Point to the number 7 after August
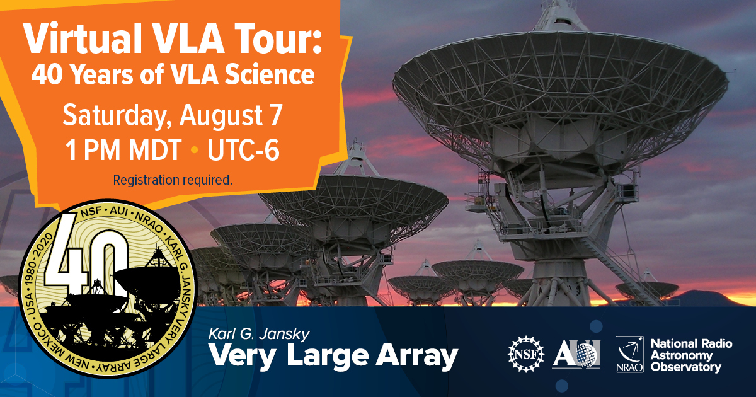[276, 115]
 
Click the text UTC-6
[243, 150]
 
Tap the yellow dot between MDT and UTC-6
[195, 150]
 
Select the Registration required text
[173, 180]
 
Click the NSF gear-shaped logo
[526, 354]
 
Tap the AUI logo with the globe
[576, 354]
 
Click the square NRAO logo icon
[629, 354]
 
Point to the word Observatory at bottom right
[686, 367]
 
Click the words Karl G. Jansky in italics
[259, 334]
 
